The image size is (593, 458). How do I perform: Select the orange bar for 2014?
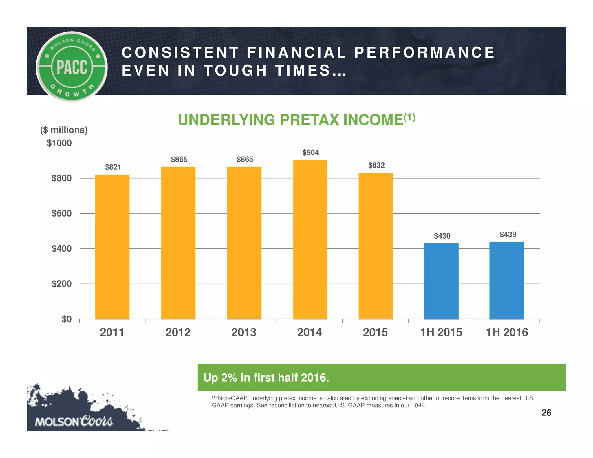pos(310,239)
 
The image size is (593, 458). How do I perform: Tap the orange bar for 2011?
pos(112,247)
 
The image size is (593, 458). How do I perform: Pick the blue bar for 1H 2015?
pos(441,281)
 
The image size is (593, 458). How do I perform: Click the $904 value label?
pos(310,153)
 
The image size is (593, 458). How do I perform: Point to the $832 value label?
pos(376,165)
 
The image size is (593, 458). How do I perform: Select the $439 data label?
pos(508,234)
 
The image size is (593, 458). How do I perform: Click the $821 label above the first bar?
pos(113,167)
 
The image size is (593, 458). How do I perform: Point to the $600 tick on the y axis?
pos(61,213)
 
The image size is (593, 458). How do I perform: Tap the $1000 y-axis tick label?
pos(59,143)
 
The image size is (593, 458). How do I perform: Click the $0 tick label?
pos(66,319)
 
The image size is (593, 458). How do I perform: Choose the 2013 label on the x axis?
pos(244,332)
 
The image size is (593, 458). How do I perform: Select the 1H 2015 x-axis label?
pos(441,332)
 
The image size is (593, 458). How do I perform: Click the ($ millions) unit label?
pos(64,130)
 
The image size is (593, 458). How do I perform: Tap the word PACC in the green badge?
pos(72,67)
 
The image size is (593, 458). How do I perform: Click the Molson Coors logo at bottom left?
pos(74,421)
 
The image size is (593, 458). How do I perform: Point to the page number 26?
pos(546,413)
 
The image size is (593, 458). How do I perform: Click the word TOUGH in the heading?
pos(235,70)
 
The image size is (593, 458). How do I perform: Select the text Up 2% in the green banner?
pos(220,378)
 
